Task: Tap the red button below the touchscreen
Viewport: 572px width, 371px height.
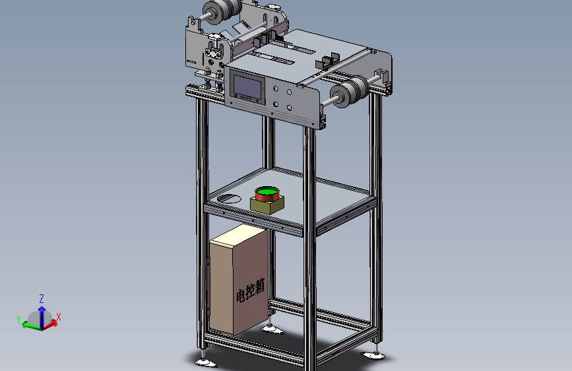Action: [236, 96]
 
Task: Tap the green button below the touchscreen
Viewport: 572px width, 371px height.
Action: [257, 101]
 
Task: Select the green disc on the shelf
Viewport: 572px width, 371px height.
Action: [267, 191]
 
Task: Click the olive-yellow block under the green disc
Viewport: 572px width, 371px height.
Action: [267, 205]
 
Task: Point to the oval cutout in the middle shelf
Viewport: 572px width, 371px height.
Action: [229, 199]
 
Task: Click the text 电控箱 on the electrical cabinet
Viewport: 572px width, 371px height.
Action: [250, 290]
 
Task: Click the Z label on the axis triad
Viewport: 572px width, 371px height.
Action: [42, 299]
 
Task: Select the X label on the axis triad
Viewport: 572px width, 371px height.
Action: [58, 317]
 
